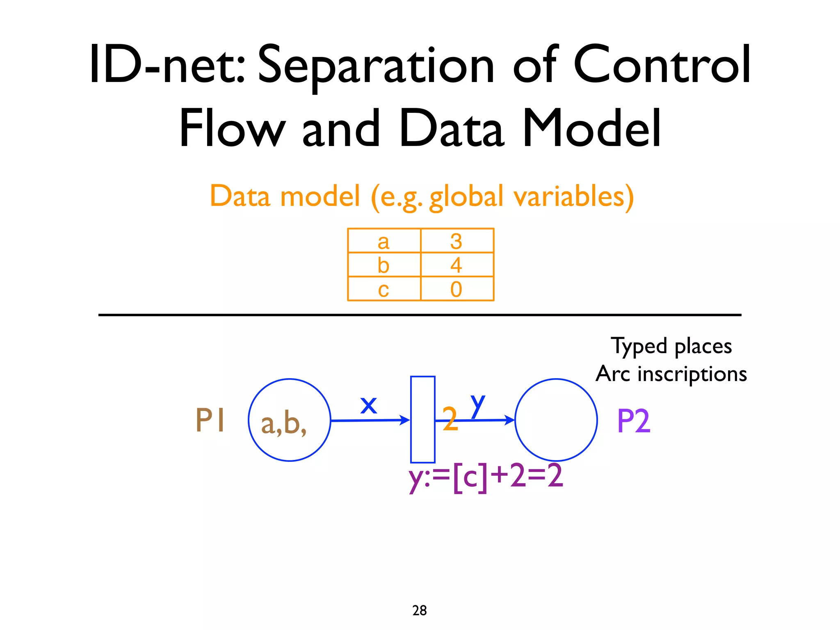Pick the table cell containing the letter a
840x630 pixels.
[384, 241]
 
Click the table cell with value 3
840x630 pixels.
[457, 241]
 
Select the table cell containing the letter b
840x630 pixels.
[384, 265]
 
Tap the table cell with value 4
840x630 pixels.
[457, 265]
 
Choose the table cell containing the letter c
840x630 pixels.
[384, 289]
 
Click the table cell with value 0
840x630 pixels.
[457, 289]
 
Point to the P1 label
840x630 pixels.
[210, 420]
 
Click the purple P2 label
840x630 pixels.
[633, 421]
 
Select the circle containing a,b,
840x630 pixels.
[290, 420]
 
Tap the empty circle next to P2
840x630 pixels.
[556, 420]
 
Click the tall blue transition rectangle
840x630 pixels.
[422, 420]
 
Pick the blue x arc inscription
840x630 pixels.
[368, 405]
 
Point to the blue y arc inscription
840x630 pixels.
[478, 404]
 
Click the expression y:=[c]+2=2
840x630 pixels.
[486, 477]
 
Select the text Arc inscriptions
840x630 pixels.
[671, 374]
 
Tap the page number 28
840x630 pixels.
[420, 610]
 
